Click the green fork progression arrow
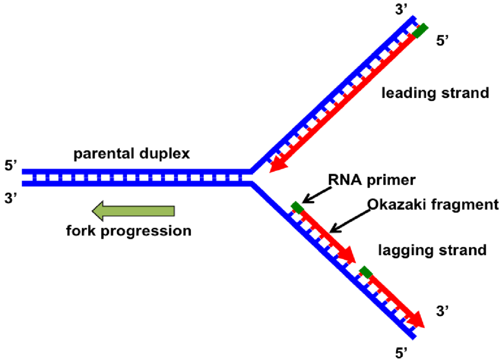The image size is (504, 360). [x=133, y=211]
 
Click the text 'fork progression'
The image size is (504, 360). [x=128, y=230]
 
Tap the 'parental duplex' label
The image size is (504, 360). [x=131, y=154]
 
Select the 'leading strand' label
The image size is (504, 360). [x=436, y=93]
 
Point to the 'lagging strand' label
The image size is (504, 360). [x=432, y=250]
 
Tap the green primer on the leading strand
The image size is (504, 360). [x=420, y=31]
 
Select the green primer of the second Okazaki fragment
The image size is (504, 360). [x=366, y=272]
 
